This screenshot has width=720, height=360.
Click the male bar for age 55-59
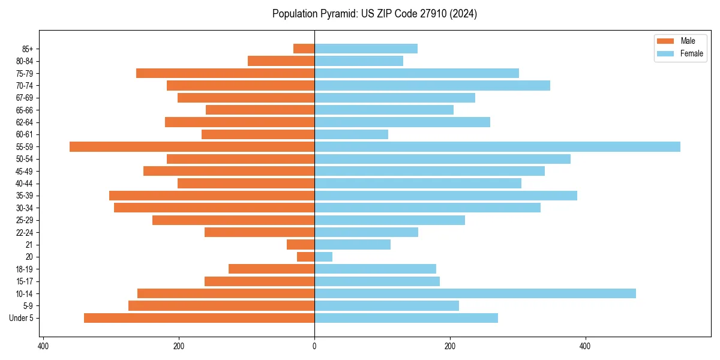[x=192, y=146]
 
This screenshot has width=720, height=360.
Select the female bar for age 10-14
[x=475, y=293]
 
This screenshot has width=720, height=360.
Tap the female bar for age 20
[x=323, y=257]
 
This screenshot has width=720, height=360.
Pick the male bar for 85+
[x=304, y=49]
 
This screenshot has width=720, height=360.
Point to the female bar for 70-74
[x=432, y=85]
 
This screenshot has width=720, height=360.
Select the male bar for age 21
[x=301, y=244]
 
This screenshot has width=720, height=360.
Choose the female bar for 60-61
[x=351, y=134]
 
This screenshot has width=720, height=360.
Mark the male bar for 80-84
[x=281, y=61]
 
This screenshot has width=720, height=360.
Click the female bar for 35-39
[x=446, y=196]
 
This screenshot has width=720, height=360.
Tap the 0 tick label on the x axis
[x=314, y=346]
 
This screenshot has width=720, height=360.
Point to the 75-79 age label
[x=25, y=73]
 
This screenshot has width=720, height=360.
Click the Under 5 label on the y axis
[x=22, y=318]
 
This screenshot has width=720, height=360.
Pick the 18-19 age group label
[x=25, y=269]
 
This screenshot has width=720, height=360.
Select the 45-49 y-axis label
[x=25, y=171]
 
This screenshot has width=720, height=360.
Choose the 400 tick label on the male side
[x=43, y=346]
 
